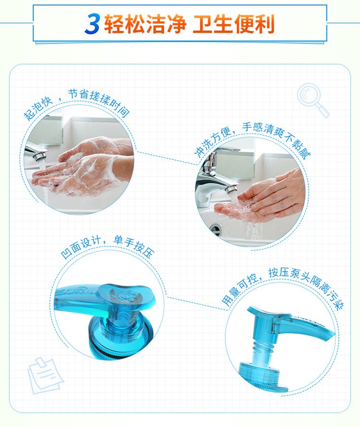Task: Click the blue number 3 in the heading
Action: tap(93, 24)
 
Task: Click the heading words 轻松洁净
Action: tap(145, 24)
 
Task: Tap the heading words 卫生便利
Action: tap(233, 24)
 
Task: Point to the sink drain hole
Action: tap(215, 228)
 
